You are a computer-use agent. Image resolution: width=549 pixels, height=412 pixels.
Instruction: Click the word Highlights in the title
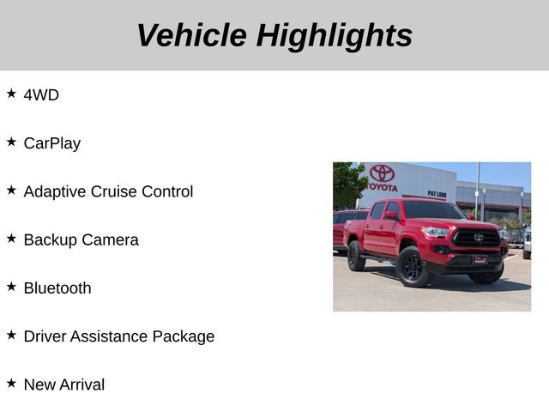(x=334, y=35)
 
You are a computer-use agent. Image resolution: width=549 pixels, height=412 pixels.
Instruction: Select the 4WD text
(x=41, y=95)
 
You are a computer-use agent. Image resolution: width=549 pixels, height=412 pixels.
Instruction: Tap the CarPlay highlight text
(x=52, y=143)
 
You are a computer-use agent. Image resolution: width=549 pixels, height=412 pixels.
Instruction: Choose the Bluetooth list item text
(x=57, y=288)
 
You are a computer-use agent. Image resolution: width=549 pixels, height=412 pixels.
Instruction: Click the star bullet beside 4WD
(x=11, y=94)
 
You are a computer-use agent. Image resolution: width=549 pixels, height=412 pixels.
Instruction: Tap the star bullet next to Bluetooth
(x=11, y=286)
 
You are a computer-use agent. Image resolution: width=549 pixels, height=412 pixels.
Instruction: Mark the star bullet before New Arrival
(x=11, y=383)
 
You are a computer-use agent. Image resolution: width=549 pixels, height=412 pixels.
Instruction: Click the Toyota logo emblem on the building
(x=383, y=173)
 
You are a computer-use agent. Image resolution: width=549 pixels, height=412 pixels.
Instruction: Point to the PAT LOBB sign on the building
(x=437, y=194)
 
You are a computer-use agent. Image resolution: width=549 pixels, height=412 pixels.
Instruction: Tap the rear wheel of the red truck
(x=356, y=257)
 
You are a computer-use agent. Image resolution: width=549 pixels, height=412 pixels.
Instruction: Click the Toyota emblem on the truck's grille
(x=479, y=237)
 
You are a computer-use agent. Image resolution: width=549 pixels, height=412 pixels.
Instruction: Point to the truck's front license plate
(x=480, y=259)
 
